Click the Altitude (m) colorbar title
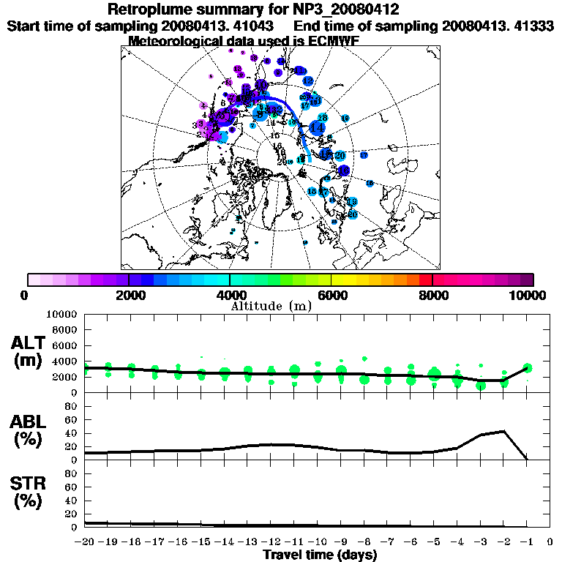pyautogui.click(x=271, y=306)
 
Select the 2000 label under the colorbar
pyautogui.click(x=128, y=295)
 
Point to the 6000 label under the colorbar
pyautogui.click(x=331, y=295)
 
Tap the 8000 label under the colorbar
pyautogui.click(x=432, y=295)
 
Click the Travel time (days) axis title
pyautogui.click(x=320, y=555)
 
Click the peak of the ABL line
pyautogui.click(x=503, y=431)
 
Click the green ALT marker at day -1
pyautogui.click(x=527, y=368)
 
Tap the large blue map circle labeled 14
pyautogui.click(x=318, y=127)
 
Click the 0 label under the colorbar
pyautogui.click(x=26, y=295)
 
